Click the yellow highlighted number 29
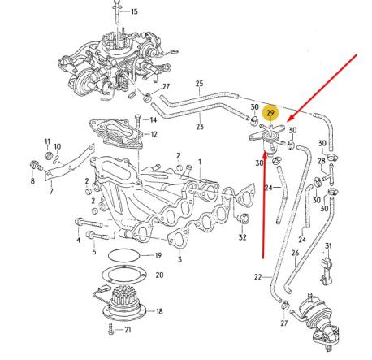click(x=272, y=115)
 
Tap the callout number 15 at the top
click(x=134, y=11)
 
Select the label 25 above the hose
click(x=198, y=84)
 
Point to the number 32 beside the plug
click(x=242, y=237)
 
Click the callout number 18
click(x=158, y=311)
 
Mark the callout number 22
click(x=257, y=277)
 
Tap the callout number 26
click(x=296, y=253)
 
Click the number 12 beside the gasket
click(x=154, y=133)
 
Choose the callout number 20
click(x=158, y=275)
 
